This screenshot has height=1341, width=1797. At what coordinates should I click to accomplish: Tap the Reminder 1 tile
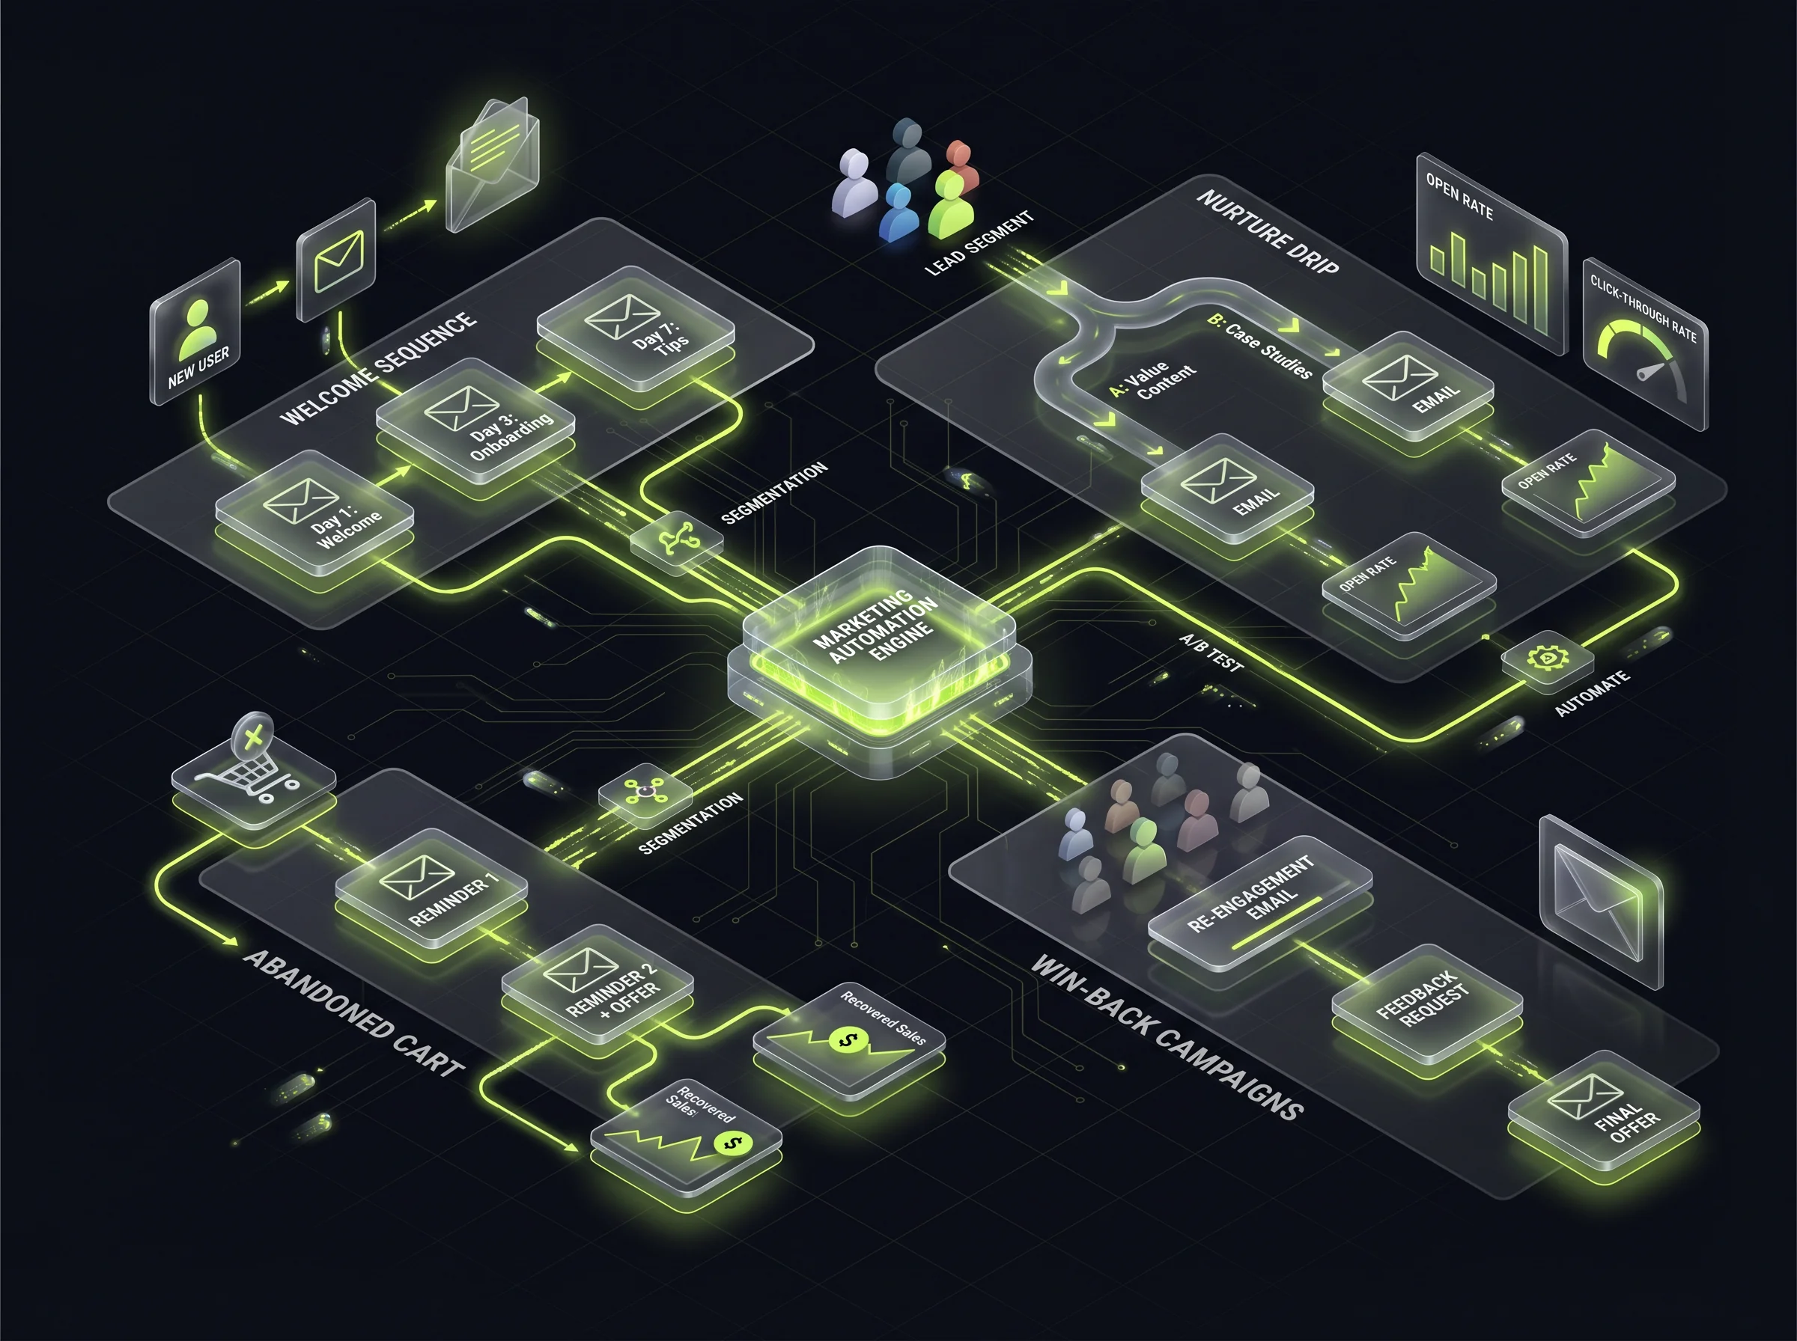(x=431, y=888)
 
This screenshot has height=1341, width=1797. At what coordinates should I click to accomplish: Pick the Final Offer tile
(x=1603, y=1109)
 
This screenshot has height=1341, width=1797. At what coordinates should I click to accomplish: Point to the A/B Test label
(x=1211, y=653)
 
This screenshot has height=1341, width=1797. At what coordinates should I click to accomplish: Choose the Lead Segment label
(x=979, y=242)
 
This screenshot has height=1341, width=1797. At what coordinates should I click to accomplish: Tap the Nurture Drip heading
(x=1268, y=231)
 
